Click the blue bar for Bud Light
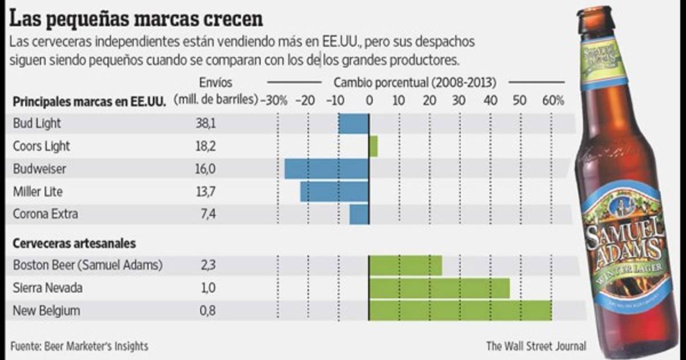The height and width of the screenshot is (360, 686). (353, 123)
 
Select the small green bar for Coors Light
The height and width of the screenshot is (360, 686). (373, 146)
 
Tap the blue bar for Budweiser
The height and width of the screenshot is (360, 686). (326, 169)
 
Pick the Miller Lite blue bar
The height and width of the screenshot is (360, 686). (334, 191)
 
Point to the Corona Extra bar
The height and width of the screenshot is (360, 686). (359, 214)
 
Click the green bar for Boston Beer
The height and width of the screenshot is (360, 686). (405, 265)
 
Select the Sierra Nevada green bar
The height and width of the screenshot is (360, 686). (439, 288)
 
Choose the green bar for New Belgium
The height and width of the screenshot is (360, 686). (460, 311)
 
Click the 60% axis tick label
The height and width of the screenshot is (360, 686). (553, 101)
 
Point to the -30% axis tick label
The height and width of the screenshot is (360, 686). (274, 101)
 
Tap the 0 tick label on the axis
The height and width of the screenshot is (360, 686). (369, 101)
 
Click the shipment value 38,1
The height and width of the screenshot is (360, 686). (206, 123)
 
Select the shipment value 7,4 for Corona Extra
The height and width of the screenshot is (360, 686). (206, 214)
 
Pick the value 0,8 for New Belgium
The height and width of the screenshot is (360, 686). (206, 311)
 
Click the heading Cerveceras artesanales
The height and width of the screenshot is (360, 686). (74, 243)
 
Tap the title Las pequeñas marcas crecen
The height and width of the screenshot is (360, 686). (137, 19)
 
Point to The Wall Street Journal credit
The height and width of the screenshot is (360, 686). (536, 346)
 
